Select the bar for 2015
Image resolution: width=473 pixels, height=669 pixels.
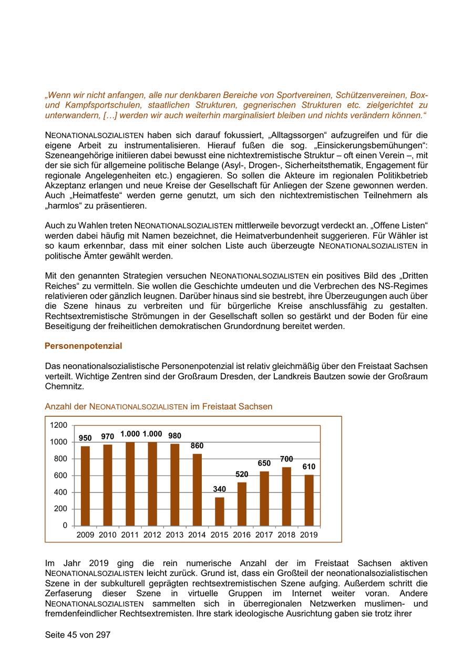pos(220,511)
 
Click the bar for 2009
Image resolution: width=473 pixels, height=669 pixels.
pos(85,486)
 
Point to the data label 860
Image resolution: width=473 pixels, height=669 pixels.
pos(197,446)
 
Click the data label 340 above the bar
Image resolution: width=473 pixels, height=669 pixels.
pos(220,489)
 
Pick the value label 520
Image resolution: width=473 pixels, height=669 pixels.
pos(242,474)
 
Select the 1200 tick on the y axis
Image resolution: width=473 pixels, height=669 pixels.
pos(59,425)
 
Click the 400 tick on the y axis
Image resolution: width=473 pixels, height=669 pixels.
pos(61,492)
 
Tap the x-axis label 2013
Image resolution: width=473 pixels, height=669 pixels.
pos(174,535)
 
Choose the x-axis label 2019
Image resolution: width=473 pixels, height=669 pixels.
pos(309,535)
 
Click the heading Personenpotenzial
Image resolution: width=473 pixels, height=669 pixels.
pos(83,346)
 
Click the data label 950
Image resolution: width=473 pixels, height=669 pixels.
pos(85,438)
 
